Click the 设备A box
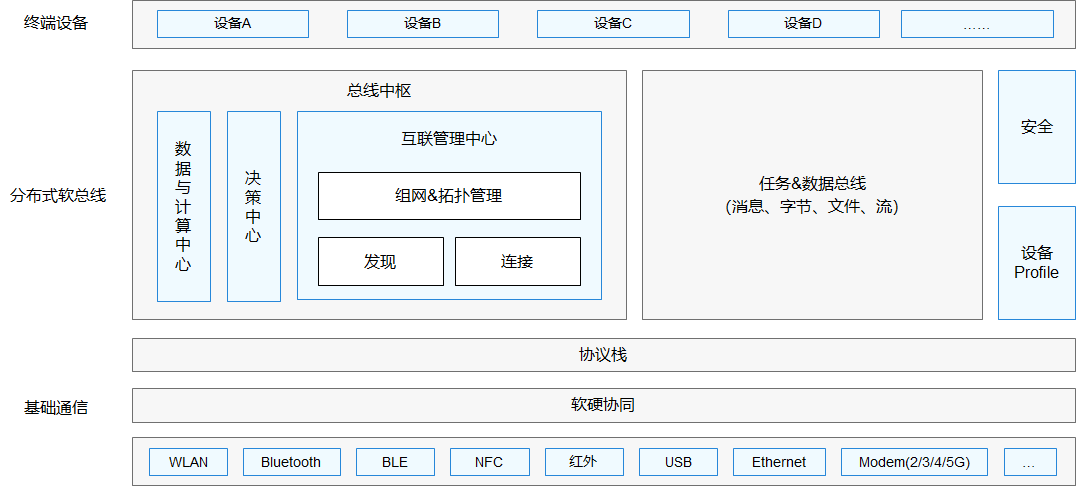coord(233,24)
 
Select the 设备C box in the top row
coord(613,24)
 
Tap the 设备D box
coord(803,24)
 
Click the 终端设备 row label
coord(56,23)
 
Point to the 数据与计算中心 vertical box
coord(183,206)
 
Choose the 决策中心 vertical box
coord(253,206)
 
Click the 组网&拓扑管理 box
coord(449,196)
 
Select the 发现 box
coord(380,261)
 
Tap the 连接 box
coord(517,261)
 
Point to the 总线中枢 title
coord(379,91)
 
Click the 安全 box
coord(1036,127)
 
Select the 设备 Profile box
coord(1036,263)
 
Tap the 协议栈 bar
coord(603,355)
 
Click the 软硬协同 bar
coord(603,405)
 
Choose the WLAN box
coord(188,462)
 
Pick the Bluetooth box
coord(291,462)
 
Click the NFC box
coord(489,462)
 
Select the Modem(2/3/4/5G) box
coord(914,462)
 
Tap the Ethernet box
coord(778,462)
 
